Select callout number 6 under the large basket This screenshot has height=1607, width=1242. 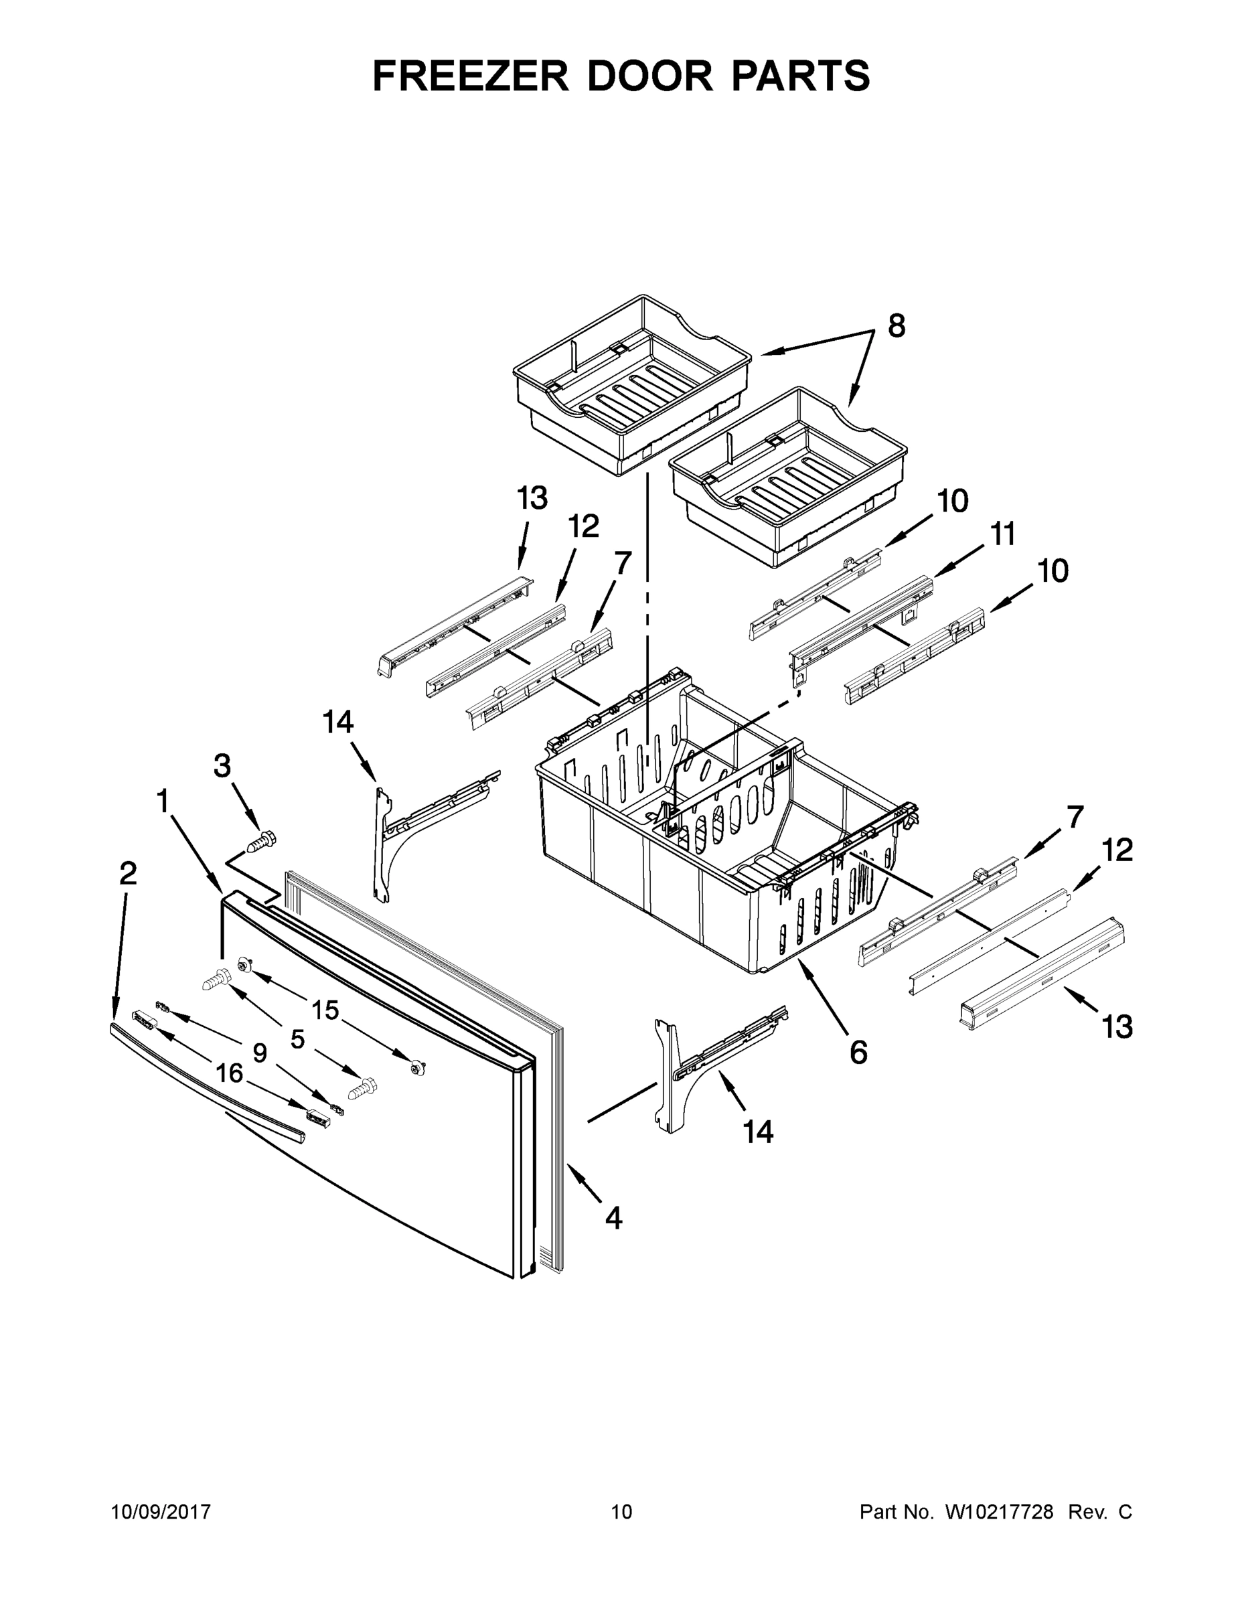click(858, 1053)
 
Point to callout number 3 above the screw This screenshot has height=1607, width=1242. click(222, 766)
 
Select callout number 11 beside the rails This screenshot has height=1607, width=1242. click(1003, 534)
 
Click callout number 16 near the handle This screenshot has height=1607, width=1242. click(229, 1073)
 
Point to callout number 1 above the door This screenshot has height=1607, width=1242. click(163, 801)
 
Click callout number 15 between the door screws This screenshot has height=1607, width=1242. click(325, 1010)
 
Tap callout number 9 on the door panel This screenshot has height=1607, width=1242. click(260, 1053)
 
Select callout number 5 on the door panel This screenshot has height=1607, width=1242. click(297, 1039)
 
